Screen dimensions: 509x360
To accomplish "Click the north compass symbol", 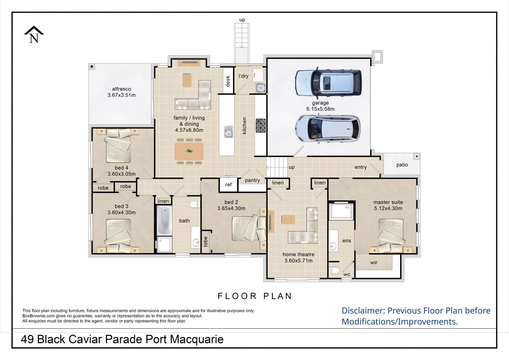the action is [x=34, y=35].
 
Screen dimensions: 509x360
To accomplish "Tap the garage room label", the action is [x=320, y=103].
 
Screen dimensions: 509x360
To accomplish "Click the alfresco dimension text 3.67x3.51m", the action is [x=121, y=95].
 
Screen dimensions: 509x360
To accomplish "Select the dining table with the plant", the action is [x=189, y=151].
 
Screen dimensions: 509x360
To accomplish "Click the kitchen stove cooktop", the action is [x=261, y=125].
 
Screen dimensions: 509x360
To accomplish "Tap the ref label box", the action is [x=228, y=184].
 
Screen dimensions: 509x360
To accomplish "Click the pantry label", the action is [x=252, y=180].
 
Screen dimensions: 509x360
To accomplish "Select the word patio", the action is [x=402, y=165].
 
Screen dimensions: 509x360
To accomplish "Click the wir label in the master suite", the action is [x=374, y=263].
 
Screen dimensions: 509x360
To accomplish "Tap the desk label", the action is [x=228, y=81].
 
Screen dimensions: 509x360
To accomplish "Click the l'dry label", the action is [x=243, y=76].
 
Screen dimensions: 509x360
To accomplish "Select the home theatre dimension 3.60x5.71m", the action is [x=298, y=260].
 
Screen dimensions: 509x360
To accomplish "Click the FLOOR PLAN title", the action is [x=255, y=296].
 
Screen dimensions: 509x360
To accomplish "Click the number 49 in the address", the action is [x=27, y=339].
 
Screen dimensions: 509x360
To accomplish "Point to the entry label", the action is [x=361, y=167].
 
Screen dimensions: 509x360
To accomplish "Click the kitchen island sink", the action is [x=228, y=132].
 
